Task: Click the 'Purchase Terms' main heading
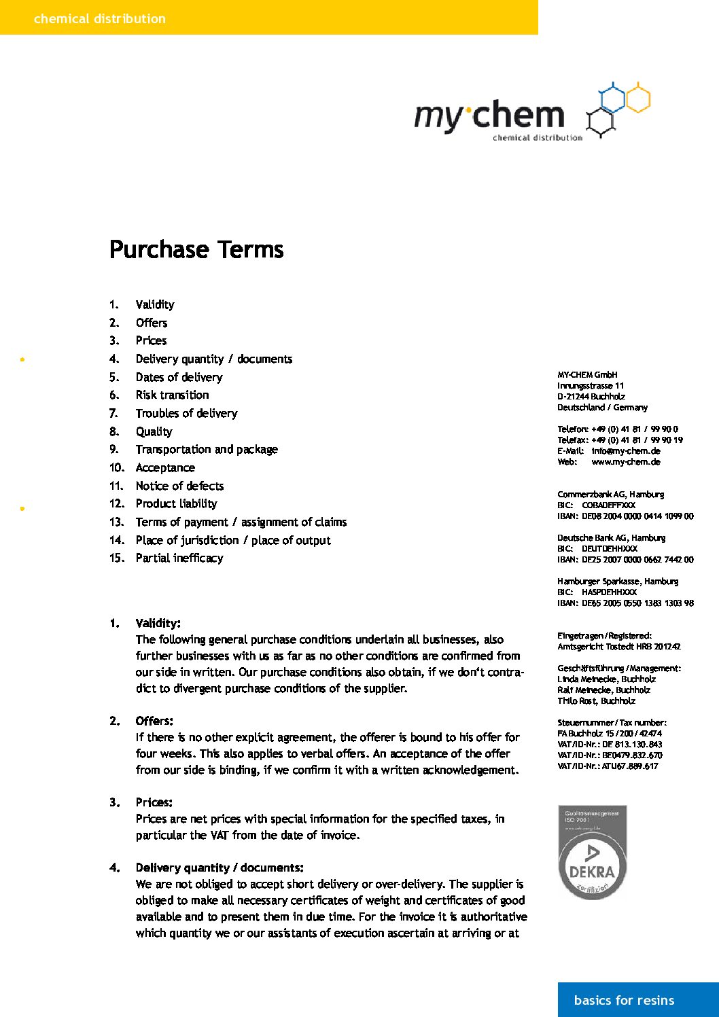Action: pos(196,249)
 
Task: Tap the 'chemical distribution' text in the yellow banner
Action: pos(100,18)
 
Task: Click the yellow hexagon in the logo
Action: pos(637,99)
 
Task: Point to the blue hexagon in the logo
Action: pos(612,99)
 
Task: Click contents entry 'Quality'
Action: pos(154,431)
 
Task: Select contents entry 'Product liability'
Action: pos(176,503)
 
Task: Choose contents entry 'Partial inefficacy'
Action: pos(179,558)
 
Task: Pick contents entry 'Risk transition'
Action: pos(172,395)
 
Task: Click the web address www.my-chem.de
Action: pos(626,462)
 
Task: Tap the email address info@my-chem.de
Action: pos(626,451)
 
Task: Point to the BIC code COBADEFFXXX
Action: pos(608,505)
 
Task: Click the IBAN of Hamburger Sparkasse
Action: pos(637,603)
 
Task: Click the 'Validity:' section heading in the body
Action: pos(158,623)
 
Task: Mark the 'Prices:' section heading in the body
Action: pos(154,802)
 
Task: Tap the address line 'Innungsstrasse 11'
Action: pos(591,386)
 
